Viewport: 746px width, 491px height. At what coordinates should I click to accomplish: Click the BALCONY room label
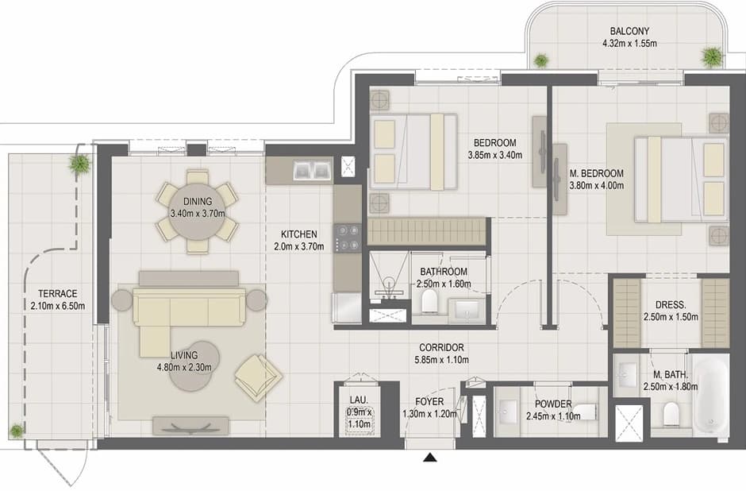(x=629, y=31)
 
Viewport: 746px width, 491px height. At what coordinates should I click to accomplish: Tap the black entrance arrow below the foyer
(x=430, y=458)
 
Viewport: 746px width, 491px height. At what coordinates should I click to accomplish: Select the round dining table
(x=198, y=212)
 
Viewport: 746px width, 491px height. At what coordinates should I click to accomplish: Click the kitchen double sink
(x=313, y=170)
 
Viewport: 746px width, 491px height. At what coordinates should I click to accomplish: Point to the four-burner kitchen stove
(x=348, y=238)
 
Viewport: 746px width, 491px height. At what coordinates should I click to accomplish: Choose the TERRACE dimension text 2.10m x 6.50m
(x=58, y=306)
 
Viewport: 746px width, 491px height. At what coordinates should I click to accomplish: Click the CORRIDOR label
(x=441, y=348)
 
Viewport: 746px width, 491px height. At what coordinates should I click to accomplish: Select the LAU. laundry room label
(x=359, y=400)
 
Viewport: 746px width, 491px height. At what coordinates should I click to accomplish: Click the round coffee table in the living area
(x=194, y=365)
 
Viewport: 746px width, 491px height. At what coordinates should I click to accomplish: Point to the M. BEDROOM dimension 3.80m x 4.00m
(x=597, y=186)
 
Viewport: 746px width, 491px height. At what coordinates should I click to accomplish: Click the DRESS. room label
(x=671, y=305)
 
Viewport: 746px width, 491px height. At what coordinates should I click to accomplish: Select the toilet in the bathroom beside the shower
(x=429, y=301)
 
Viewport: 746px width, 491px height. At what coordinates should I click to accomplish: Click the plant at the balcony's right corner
(x=712, y=57)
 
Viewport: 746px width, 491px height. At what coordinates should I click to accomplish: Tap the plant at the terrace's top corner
(x=79, y=164)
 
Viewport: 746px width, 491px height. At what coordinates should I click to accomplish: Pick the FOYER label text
(x=429, y=402)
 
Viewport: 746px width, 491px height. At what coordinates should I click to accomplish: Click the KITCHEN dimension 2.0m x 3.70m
(x=298, y=246)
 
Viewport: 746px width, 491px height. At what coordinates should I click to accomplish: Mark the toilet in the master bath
(x=671, y=413)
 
